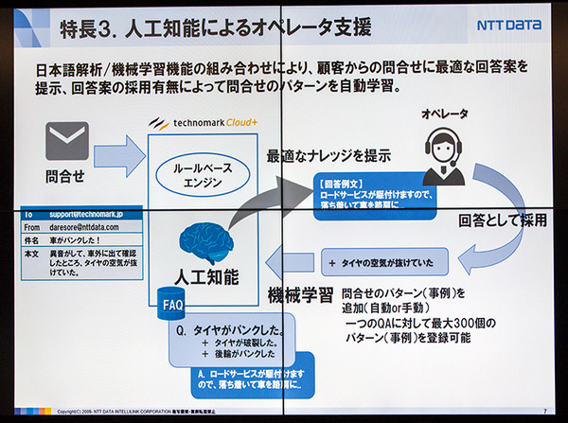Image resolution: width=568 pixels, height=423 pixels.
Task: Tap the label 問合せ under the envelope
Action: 66,177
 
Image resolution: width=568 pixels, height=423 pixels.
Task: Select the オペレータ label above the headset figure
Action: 445,115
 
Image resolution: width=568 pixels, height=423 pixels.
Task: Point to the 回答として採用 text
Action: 502,220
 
